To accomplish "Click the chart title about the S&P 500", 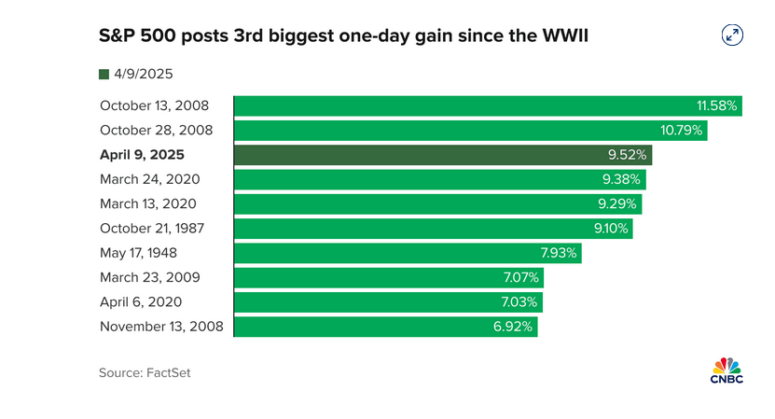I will click(x=344, y=36).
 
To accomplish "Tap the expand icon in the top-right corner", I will click(x=733, y=35).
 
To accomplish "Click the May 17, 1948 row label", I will click(x=138, y=253).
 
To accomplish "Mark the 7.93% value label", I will click(x=560, y=253).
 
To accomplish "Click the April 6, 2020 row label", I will click(x=141, y=301).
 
